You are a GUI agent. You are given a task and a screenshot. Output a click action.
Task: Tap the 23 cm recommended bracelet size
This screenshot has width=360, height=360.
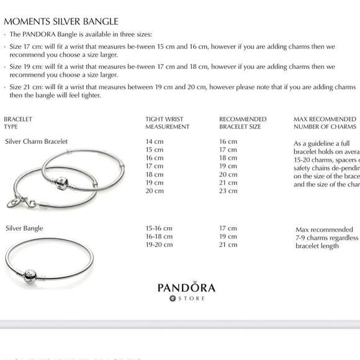click(x=228, y=191)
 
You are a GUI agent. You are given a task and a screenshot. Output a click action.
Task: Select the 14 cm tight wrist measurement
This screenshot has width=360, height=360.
click(x=154, y=142)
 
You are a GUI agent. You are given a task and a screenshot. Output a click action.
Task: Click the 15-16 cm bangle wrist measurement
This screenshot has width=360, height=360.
click(x=158, y=228)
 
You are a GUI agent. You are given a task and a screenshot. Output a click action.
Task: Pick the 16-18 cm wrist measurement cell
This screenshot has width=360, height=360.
click(x=158, y=236)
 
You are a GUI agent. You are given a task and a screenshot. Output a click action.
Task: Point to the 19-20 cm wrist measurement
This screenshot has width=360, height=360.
click(x=158, y=245)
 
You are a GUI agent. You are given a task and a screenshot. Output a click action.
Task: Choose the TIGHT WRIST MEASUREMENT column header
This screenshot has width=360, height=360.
click(x=167, y=123)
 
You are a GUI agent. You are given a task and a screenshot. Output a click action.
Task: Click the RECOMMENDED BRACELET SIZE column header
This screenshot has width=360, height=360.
click(x=243, y=123)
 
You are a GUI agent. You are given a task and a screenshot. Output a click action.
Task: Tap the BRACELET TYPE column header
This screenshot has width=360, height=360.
click(x=18, y=123)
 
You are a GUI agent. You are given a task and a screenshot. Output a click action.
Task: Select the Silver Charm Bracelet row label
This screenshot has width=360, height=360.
click(x=36, y=142)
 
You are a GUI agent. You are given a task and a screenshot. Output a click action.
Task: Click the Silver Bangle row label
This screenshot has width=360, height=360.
click(x=24, y=228)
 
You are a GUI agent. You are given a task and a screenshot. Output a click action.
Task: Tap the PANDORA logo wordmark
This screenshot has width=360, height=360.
click(x=186, y=287)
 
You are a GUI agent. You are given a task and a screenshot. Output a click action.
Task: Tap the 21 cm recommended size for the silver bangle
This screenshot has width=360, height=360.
click(x=228, y=245)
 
